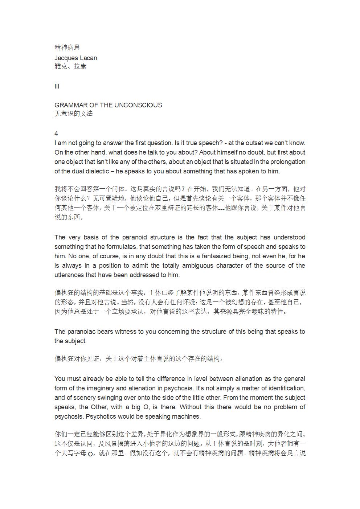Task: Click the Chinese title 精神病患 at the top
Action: coord(67,47)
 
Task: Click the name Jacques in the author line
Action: coord(65,58)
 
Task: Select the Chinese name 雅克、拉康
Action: coord(70,66)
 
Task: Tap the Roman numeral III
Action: coord(57,86)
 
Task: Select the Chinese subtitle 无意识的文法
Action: coord(74,114)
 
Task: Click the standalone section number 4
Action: coord(56,134)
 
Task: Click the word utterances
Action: coord(69,275)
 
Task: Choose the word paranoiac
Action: coord(81,332)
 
